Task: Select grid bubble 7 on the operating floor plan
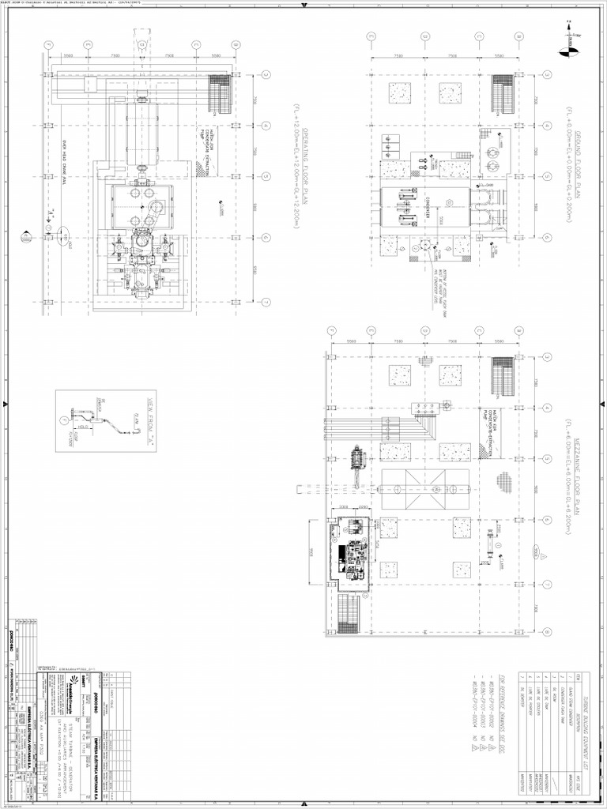[x=266, y=301]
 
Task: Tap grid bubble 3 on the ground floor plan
[x=545, y=75]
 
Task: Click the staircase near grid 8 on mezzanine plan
[x=349, y=613]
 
